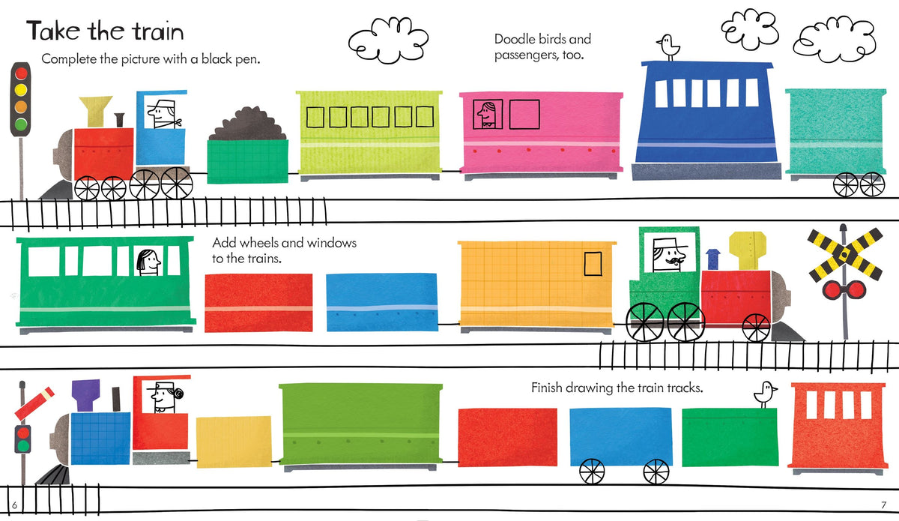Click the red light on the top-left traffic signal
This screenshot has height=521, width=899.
(x=21, y=73)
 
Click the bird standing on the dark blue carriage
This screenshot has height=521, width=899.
(x=668, y=47)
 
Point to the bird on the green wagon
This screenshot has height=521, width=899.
(x=766, y=394)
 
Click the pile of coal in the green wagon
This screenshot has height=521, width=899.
(x=248, y=124)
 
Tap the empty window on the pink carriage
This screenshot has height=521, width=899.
(x=524, y=115)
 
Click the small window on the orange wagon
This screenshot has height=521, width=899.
(x=593, y=264)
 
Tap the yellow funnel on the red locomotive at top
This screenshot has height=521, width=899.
(x=96, y=111)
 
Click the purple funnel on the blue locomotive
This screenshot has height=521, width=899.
(x=86, y=395)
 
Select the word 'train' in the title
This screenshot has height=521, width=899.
(x=159, y=31)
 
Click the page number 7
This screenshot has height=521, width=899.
(x=883, y=505)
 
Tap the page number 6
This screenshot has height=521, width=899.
(x=15, y=505)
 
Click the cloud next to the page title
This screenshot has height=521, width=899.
(x=388, y=40)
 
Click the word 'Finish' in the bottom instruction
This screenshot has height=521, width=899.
(x=547, y=388)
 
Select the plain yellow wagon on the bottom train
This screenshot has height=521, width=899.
(x=234, y=442)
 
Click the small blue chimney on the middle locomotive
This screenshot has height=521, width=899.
(x=712, y=259)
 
